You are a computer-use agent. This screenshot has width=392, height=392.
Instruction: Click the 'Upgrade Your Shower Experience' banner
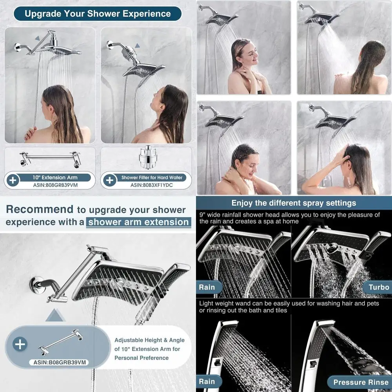[x=98, y=14]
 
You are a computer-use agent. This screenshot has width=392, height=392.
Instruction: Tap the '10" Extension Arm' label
[x=55, y=178]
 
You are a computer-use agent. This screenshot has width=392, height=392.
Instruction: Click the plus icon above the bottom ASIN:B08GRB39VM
[x=20, y=345]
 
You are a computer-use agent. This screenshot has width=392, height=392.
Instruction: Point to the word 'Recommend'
[x=40, y=209]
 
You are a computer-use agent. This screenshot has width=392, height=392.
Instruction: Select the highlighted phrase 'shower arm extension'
[x=139, y=222]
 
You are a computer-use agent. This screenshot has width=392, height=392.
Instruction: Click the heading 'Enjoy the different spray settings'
[x=294, y=203]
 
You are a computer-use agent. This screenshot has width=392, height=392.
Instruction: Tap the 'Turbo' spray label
[x=379, y=287]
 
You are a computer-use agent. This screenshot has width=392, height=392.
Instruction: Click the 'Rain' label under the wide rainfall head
[x=207, y=287]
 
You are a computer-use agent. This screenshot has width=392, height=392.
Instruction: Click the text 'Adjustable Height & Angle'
[x=149, y=340]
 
